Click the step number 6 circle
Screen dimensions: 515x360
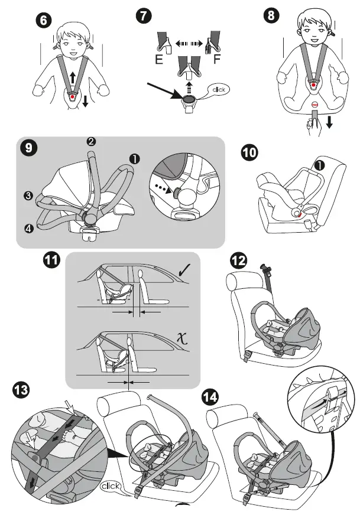[43, 20]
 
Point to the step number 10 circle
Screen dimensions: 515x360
[250, 152]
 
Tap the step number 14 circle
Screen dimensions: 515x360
[210, 397]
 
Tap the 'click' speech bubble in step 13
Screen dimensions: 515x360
[112, 487]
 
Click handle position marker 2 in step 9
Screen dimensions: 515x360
[91, 141]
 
